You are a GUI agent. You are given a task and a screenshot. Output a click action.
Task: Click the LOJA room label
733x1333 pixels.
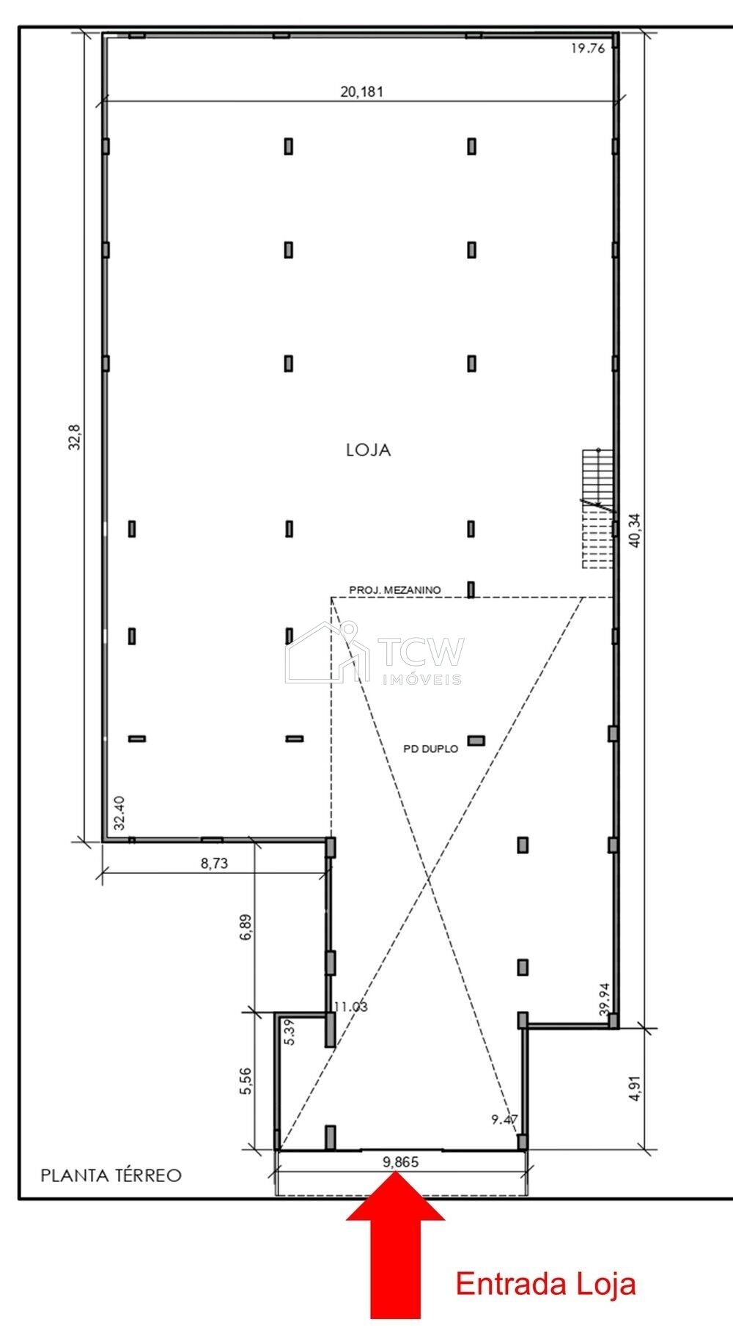369,450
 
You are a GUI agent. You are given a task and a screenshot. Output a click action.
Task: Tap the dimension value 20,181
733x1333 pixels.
361,92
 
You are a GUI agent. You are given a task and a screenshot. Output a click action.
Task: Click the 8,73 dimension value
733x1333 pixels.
214,863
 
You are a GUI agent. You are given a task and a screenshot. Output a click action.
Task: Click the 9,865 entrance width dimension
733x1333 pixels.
400,1161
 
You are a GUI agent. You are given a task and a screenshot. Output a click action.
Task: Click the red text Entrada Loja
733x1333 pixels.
545,1285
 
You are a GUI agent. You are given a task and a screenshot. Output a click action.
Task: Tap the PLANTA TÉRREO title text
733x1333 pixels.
111,1175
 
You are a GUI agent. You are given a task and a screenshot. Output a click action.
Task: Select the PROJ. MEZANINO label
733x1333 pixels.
394,590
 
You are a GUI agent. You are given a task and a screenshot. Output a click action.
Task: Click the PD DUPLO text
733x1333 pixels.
431,749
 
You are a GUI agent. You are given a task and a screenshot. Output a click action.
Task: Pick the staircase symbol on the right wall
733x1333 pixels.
597,508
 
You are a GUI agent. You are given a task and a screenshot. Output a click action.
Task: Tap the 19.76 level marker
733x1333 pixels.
587,49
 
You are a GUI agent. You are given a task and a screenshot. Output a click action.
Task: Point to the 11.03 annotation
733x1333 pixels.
350,1007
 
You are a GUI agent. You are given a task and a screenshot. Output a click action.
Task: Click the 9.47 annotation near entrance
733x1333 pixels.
504,1120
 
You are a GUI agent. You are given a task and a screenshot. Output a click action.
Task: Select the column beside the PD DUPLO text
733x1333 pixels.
476,741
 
